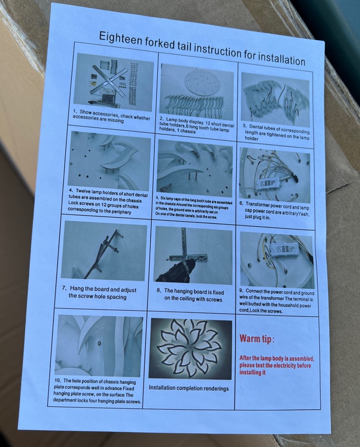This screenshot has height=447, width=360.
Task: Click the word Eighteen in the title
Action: coord(121,39)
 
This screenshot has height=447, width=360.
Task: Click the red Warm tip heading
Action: coord(257,338)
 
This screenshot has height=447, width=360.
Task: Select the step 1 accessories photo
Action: coord(114,83)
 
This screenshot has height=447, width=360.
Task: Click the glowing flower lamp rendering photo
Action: coord(190,349)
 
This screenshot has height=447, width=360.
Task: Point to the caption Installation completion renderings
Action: coord(189,388)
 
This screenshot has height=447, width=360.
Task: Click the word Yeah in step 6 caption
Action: coord(304,213)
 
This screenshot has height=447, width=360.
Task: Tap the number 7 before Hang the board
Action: coord(64,288)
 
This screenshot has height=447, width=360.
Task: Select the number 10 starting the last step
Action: coord(57,380)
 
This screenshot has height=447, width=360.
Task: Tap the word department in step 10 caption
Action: coord(64,400)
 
